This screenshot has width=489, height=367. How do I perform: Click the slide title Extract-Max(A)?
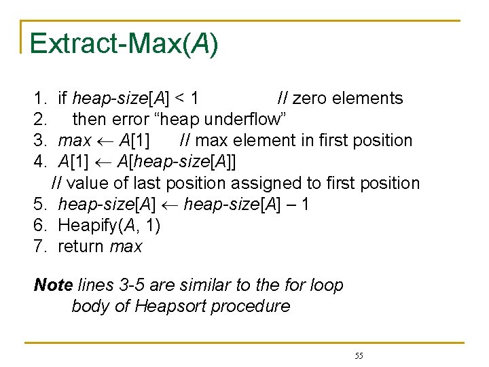pyautogui.click(x=124, y=43)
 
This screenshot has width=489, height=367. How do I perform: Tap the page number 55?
pyautogui.click(x=359, y=356)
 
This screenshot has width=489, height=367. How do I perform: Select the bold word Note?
pyautogui.click(x=53, y=285)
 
